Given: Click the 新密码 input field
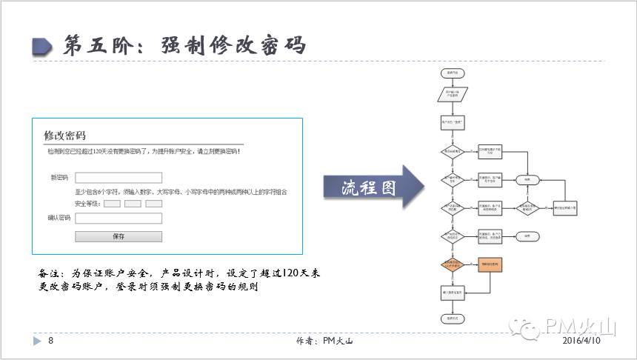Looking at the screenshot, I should [119, 178].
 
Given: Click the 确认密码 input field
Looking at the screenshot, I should [119, 219].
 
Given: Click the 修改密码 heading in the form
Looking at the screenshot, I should [65, 136].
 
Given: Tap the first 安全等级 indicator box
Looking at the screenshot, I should [112, 204].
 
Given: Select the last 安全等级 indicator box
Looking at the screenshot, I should [153, 204].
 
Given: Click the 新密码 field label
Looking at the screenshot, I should [59, 178].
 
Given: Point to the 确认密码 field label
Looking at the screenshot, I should [59, 219].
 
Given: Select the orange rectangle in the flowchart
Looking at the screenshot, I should [490, 264].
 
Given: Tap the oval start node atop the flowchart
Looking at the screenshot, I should [452, 73].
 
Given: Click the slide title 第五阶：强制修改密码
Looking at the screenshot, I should [185, 45].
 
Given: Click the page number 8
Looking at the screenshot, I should [51, 341].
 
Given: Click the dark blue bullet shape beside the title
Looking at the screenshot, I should [42, 46].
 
